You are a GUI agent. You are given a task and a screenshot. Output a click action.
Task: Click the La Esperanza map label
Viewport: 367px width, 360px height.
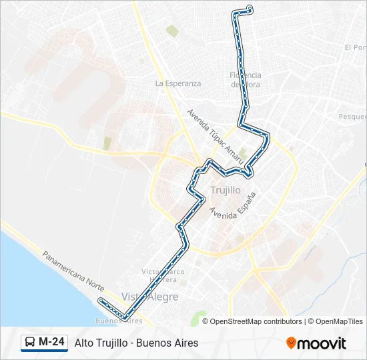[177, 83]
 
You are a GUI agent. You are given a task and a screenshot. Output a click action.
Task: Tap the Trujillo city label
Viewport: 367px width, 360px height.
[225, 190]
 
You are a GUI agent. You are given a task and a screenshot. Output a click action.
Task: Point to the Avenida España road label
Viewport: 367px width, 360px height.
[232, 205]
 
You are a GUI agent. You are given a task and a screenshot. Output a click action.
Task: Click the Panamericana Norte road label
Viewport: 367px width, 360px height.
[73, 270]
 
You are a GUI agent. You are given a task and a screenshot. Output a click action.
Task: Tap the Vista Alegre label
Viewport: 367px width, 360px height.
[150, 297]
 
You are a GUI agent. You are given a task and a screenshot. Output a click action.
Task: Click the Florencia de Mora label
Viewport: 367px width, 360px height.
[246, 79]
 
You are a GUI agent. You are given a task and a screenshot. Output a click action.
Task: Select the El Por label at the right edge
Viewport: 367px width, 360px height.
[356, 47]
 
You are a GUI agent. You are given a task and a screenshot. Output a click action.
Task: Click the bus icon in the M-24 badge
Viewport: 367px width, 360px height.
[30, 343]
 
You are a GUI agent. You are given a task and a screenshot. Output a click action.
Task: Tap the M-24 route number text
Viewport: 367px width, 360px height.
[52, 343]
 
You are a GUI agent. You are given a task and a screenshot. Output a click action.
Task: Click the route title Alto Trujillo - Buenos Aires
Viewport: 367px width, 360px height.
[137, 343]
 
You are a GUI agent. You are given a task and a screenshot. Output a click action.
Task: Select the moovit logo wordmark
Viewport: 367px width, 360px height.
[322, 343]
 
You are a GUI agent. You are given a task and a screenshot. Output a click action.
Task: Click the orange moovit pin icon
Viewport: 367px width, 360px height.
[291, 343]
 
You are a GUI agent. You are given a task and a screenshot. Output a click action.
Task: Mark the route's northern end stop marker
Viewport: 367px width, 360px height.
[250, 9]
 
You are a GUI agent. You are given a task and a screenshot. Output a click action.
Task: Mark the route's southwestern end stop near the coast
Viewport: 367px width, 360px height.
[101, 301]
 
